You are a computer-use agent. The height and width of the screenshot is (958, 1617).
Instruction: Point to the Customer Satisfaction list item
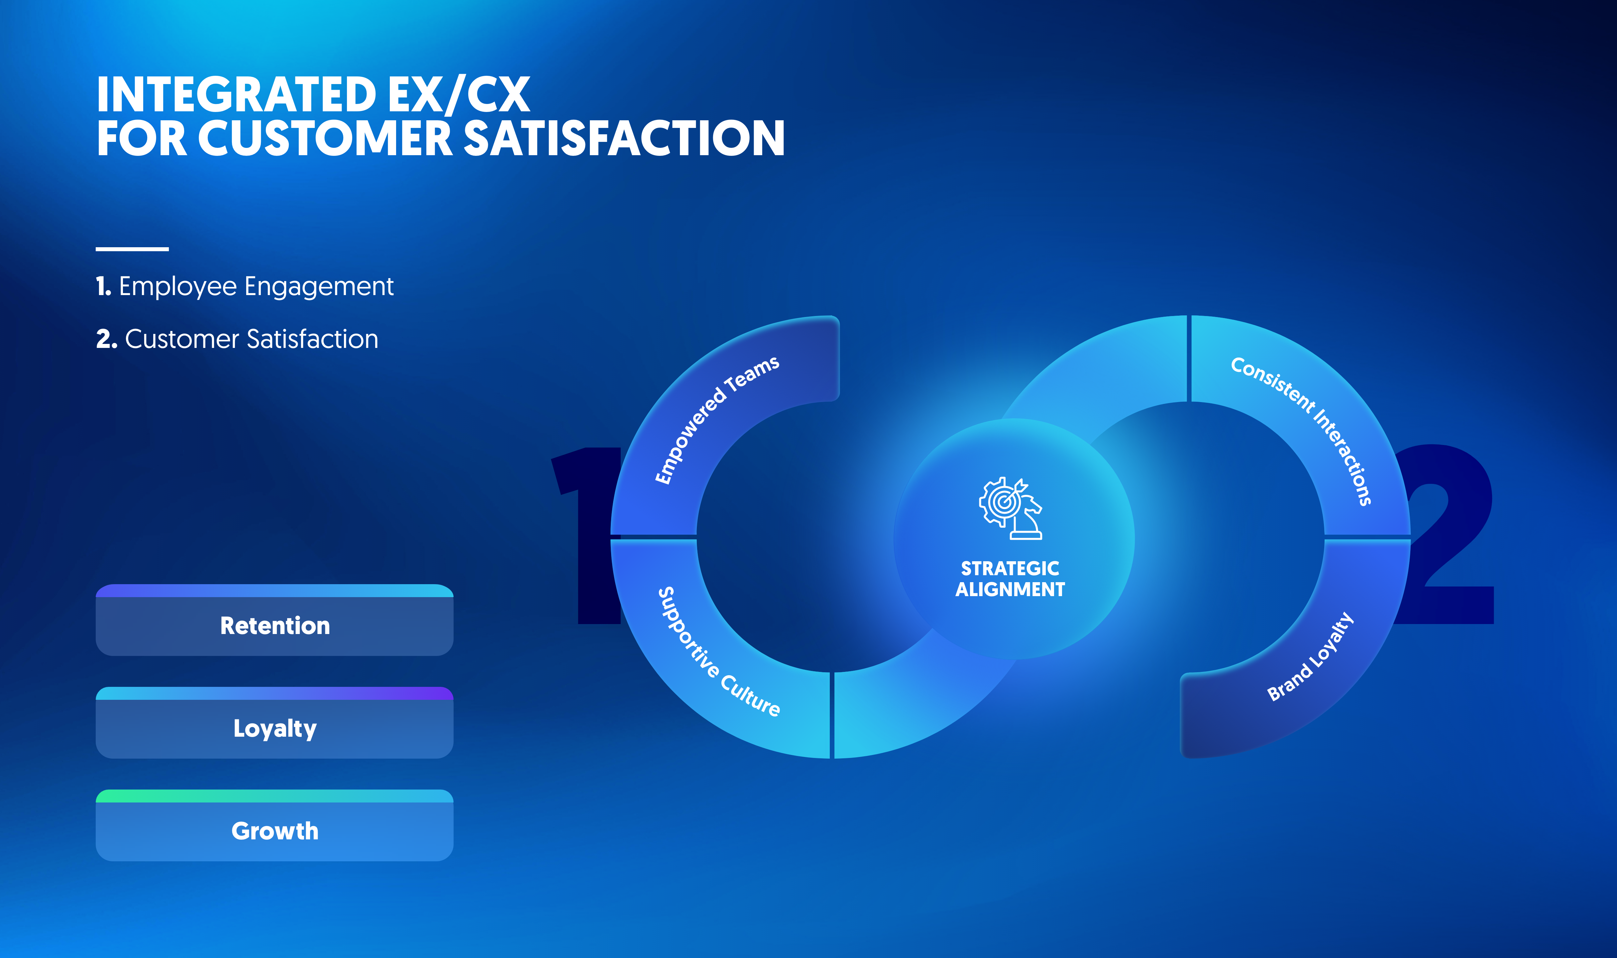[237, 339]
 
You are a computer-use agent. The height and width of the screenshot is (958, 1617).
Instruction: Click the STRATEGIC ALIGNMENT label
[1010, 579]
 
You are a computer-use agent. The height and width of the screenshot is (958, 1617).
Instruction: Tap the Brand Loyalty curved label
[1310, 657]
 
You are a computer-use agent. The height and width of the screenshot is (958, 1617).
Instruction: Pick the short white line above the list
[132, 249]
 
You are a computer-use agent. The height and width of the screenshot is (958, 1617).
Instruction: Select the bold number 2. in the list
[107, 339]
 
